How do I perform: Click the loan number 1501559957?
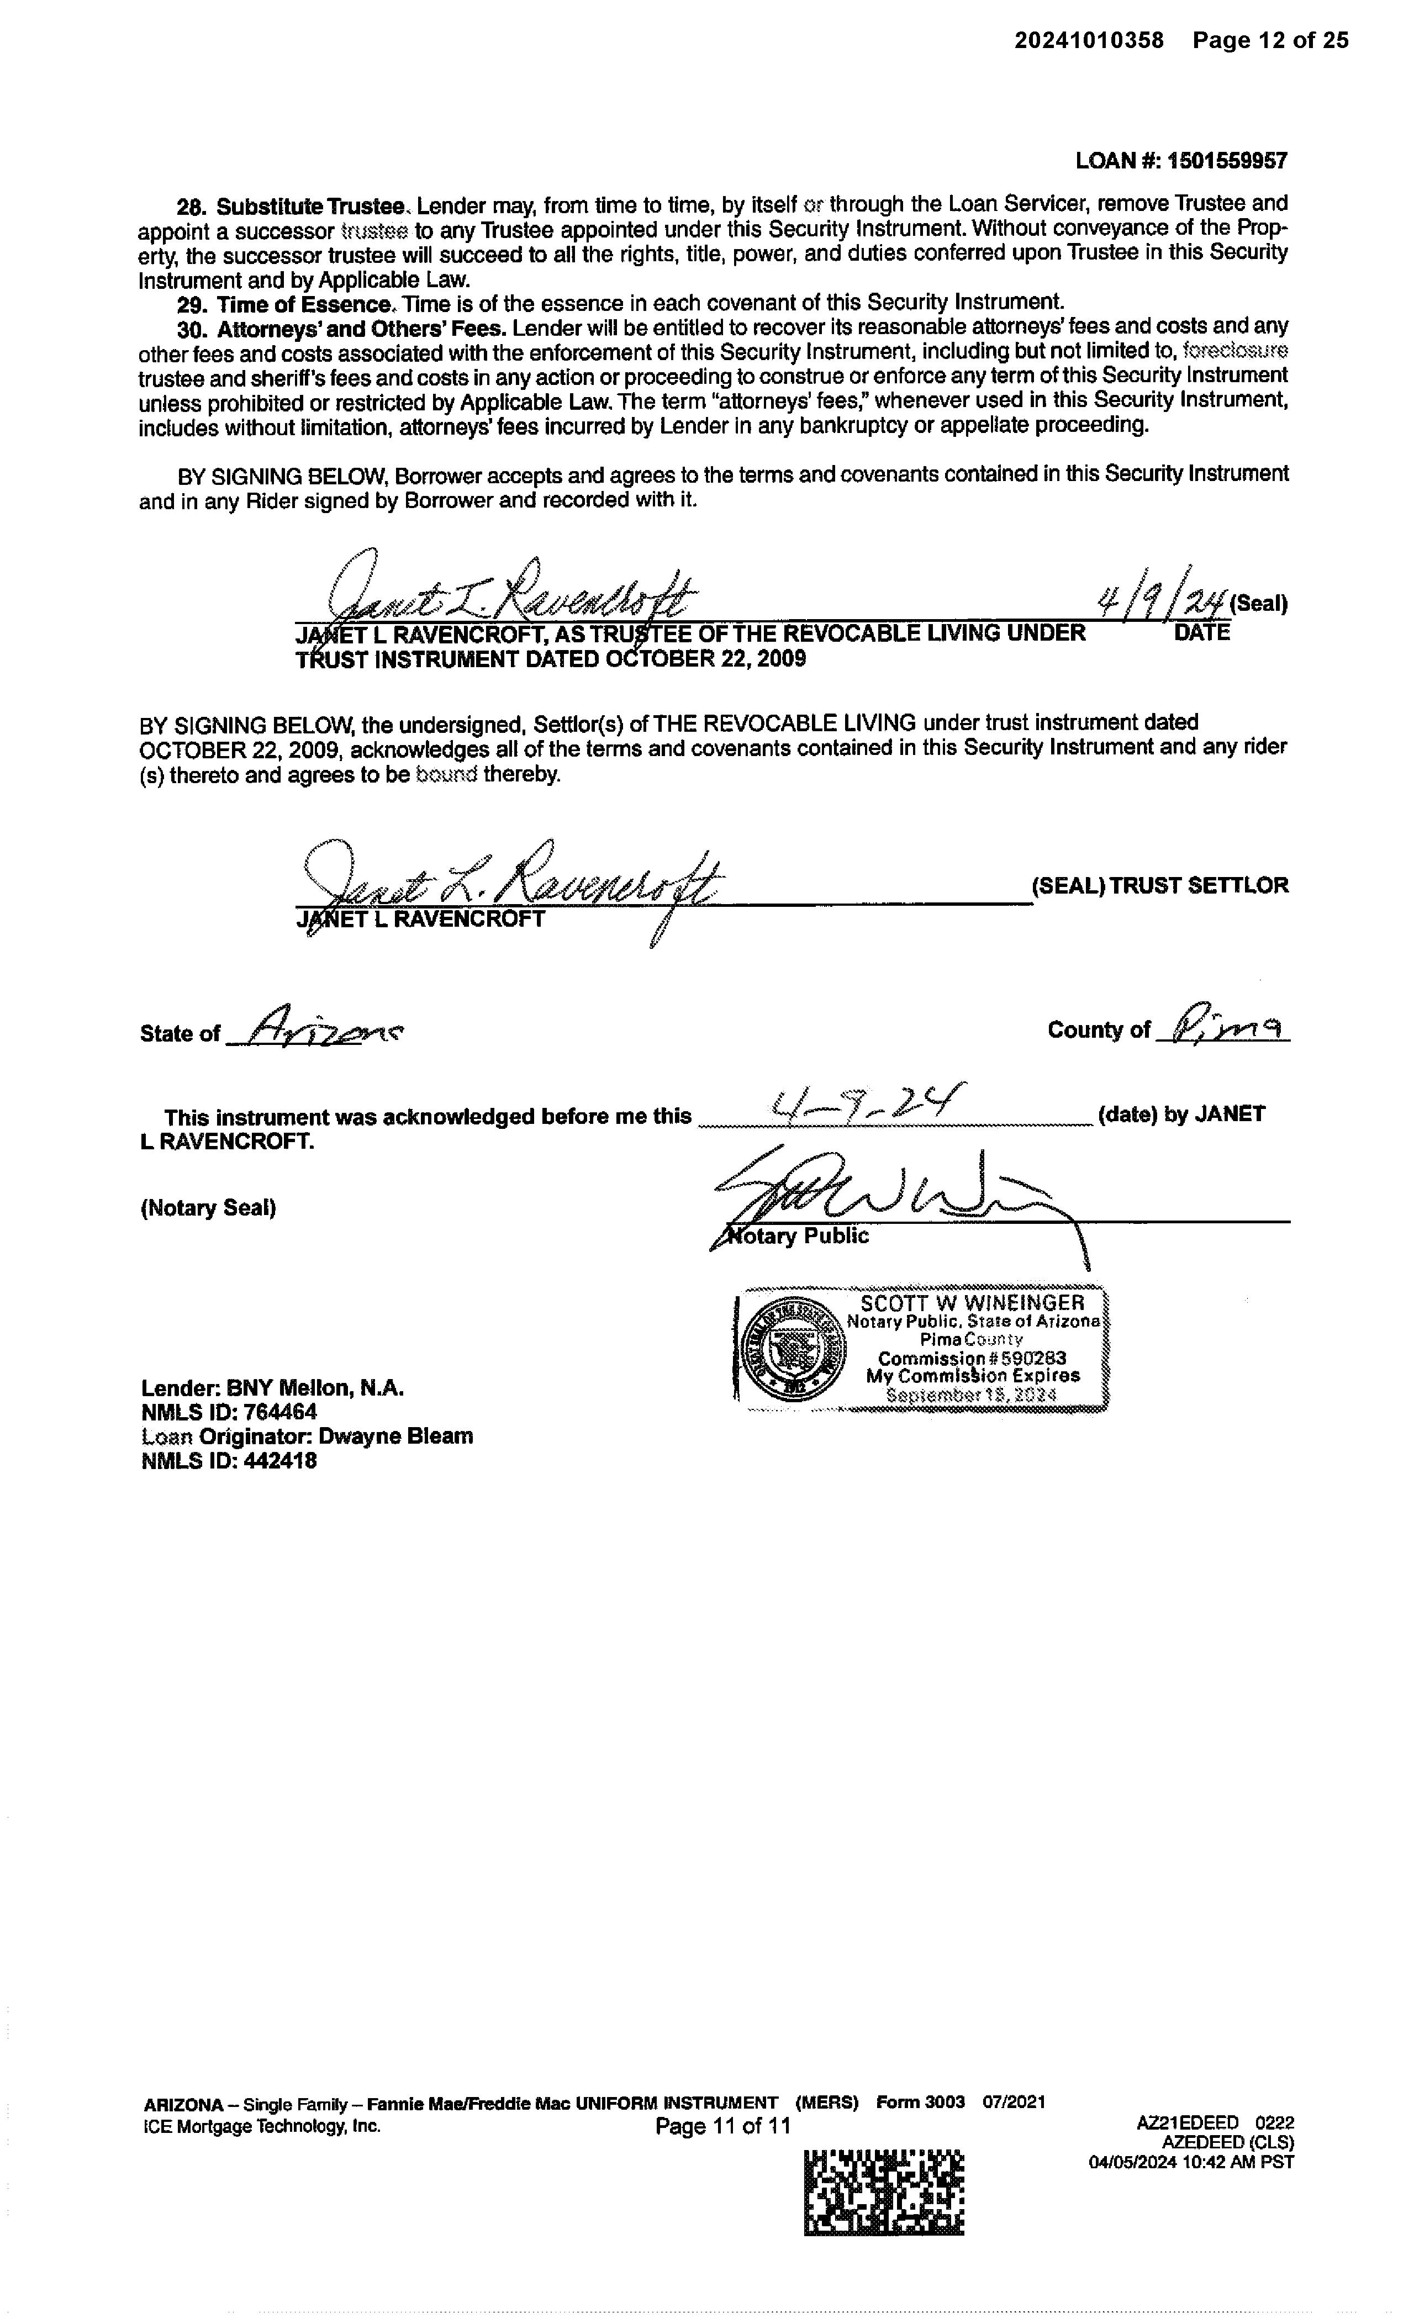coord(1226,161)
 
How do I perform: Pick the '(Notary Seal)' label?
coord(208,1208)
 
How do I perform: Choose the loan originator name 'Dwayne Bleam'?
coord(395,1436)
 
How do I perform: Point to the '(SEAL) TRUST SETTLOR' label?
coord(1159,886)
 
